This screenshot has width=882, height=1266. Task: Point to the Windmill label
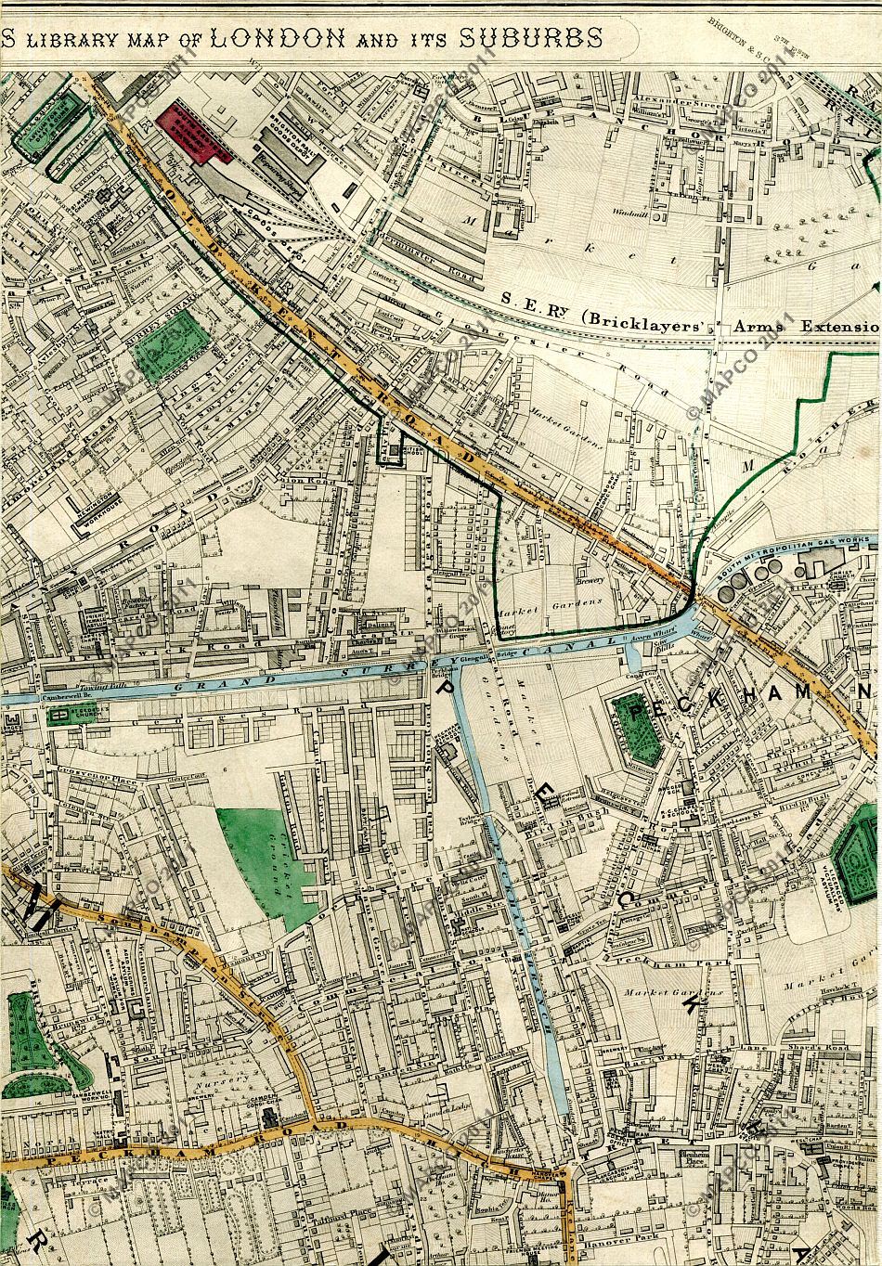(x=631, y=212)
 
